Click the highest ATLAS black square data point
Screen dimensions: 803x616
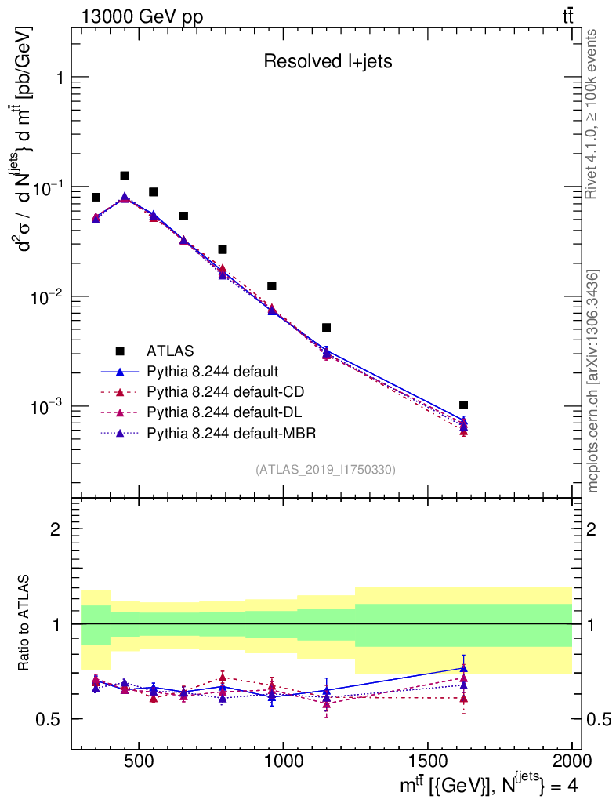click(125, 176)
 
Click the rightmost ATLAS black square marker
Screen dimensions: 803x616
click(464, 405)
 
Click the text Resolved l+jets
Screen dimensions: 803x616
click(327, 62)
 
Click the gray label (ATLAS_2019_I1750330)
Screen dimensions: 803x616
click(325, 470)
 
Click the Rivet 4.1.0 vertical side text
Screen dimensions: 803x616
click(592, 114)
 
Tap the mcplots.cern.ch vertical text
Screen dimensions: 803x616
click(593, 381)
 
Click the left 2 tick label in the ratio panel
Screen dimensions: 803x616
click(56, 529)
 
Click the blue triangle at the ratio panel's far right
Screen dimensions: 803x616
click(464, 668)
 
